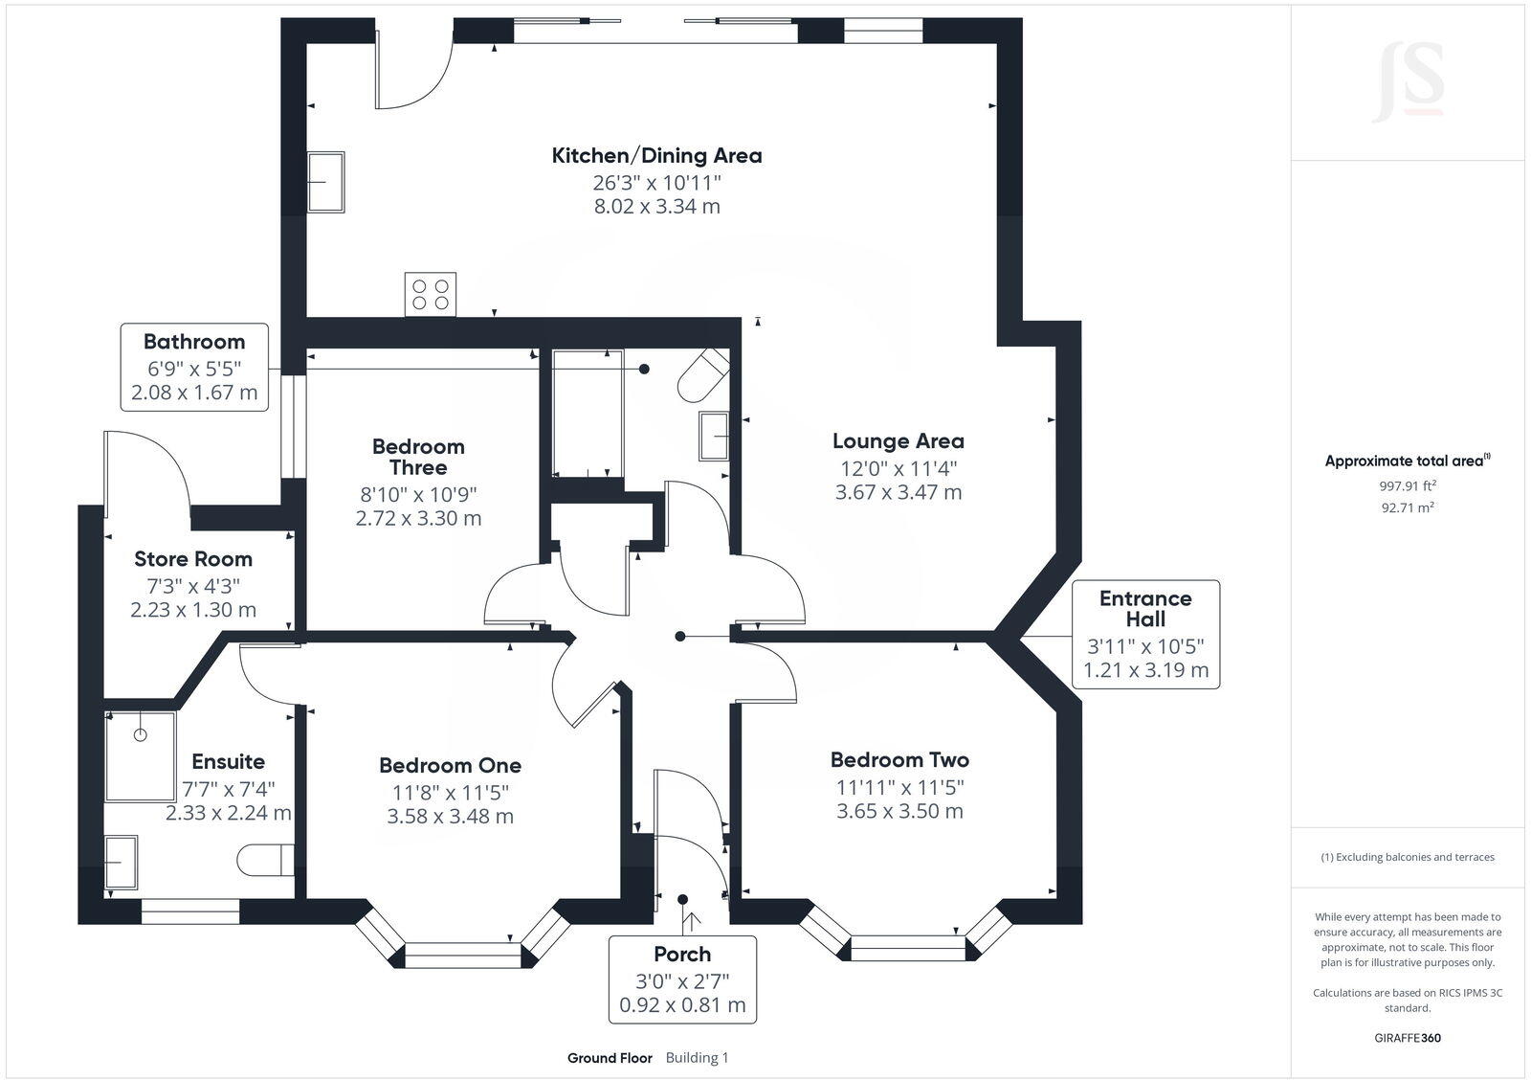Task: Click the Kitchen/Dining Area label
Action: pos(656,155)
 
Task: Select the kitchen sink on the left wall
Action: pos(325,181)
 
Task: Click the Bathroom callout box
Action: pos(194,368)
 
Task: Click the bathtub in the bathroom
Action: pos(588,414)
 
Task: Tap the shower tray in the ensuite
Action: pos(141,755)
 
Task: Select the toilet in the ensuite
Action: pos(265,859)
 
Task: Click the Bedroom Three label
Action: pos(418,457)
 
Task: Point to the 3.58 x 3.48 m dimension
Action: pos(450,817)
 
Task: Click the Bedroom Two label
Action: pos(899,760)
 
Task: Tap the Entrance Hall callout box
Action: pos(1145,634)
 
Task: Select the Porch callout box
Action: pos(682,979)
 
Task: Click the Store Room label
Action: pos(193,559)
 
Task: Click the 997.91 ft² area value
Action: pos(1408,485)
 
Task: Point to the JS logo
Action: pos(1408,82)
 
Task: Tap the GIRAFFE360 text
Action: pos(1408,1038)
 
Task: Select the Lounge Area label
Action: pos(898,441)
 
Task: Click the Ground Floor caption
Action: pos(610,1058)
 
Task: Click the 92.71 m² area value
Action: pos(1408,507)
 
